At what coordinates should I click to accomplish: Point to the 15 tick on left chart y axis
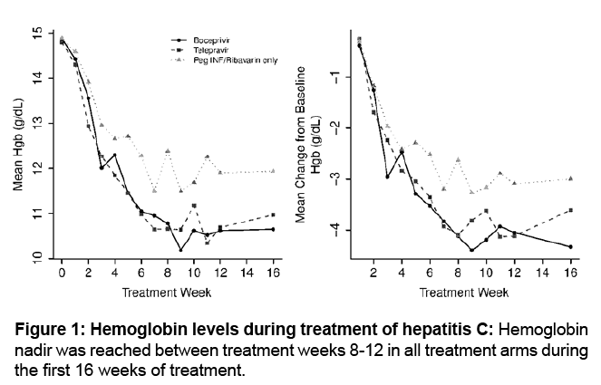[36, 34]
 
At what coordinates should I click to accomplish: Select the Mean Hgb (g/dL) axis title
[17, 147]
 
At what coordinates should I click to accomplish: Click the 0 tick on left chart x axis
[62, 272]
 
